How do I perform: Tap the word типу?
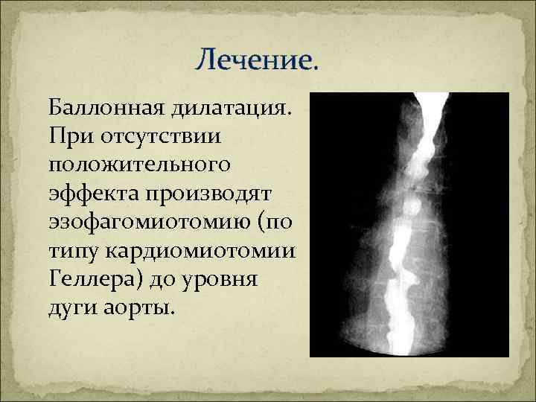(x=74, y=251)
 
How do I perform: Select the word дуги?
(x=71, y=307)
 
